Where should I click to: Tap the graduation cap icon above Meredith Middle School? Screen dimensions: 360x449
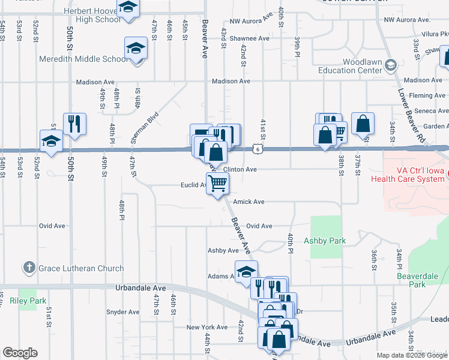[x=136, y=48]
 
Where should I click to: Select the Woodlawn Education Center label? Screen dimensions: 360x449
[x=363, y=66]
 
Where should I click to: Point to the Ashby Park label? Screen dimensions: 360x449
[x=325, y=241]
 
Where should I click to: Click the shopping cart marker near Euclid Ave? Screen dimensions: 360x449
[x=218, y=184]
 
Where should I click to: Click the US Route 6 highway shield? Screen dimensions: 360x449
[x=257, y=148]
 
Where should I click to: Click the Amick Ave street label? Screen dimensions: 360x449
[x=249, y=202]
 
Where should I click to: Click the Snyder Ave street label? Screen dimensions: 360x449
[x=122, y=312]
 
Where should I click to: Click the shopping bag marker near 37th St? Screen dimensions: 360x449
[x=363, y=124]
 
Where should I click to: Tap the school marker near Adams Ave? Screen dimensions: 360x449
[x=246, y=272]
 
